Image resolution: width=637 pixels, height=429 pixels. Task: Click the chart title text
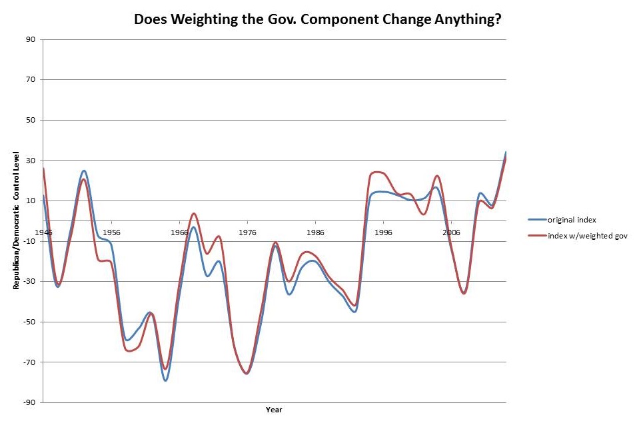[318, 19]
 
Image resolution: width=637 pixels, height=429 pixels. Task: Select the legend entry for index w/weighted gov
[587, 235]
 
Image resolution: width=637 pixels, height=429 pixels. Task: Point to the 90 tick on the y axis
[31, 39]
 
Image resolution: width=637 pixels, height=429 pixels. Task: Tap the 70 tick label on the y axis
[31, 80]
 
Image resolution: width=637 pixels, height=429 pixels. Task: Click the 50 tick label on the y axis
[31, 120]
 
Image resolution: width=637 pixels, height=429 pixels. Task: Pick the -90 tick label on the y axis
[29, 402]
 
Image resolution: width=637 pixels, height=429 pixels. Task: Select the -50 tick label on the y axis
[29, 322]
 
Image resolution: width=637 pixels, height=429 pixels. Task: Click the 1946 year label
[44, 232]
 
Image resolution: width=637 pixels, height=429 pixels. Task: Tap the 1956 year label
[111, 232]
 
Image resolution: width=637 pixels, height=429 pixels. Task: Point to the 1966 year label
[179, 232]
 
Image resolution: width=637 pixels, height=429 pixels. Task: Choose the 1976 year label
[247, 232]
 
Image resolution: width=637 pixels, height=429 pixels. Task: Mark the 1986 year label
[315, 232]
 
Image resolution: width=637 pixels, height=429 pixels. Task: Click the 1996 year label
[383, 232]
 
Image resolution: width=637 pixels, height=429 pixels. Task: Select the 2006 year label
[451, 232]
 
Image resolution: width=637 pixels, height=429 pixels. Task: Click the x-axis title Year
[273, 409]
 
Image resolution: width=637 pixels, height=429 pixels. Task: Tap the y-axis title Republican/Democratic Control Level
[16, 220]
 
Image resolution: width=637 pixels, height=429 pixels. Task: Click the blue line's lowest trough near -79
[165, 380]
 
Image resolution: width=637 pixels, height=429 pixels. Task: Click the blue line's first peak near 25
[84, 171]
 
